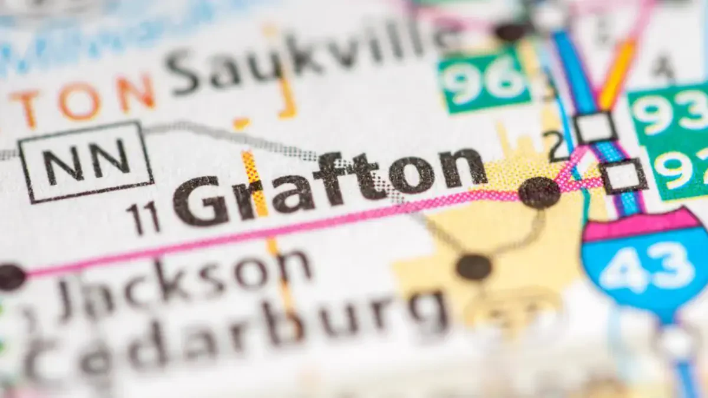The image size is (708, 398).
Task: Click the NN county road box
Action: (86, 161)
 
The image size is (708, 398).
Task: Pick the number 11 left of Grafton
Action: (143, 217)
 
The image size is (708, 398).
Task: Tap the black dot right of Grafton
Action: (539, 192)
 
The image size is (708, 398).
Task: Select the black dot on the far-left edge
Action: (11, 277)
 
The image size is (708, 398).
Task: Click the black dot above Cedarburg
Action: (474, 267)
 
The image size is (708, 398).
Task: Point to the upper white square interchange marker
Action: (595, 127)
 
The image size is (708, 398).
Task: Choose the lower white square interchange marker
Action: (622, 176)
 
